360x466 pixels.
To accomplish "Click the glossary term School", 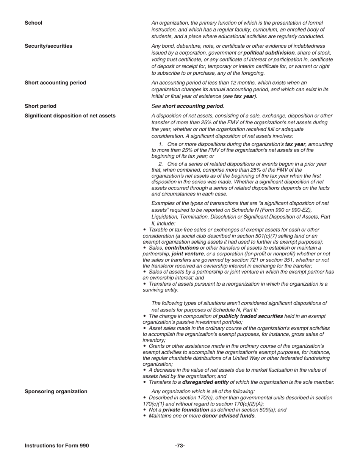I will pos(33,23).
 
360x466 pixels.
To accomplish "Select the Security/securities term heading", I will pos(48,46).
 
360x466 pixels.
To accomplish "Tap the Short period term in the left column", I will pos(40,106).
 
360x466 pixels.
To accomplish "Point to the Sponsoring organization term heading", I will pos(56,391).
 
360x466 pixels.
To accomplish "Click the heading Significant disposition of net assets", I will pos(70,116).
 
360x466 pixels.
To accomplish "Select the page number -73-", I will pos(180,446).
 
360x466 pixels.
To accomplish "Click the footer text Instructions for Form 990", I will pos(56,446).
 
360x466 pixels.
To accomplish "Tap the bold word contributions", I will pos(182,248).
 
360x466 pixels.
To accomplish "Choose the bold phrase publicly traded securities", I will pos(250,316).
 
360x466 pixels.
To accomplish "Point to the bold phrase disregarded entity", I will pos(205,382).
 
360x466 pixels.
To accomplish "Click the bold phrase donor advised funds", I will pos(228,416).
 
